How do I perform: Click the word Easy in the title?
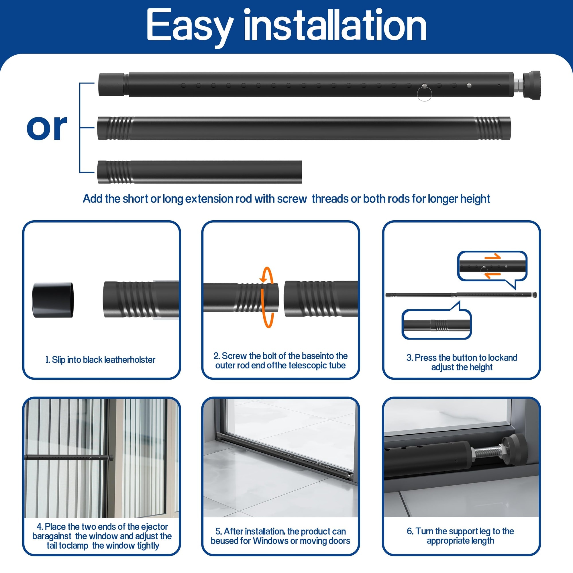pos(189,26)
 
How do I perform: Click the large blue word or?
pos(47,127)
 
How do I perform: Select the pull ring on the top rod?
pos(424,93)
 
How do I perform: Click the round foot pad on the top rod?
pos(531,85)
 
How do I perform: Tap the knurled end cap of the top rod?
pos(111,85)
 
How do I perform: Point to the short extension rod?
pos(199,172)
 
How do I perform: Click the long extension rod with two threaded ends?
pos(304,128)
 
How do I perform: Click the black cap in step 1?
pos(53,300)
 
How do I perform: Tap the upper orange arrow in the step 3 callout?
pos(492,256)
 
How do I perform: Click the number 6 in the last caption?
pos(409,531)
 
